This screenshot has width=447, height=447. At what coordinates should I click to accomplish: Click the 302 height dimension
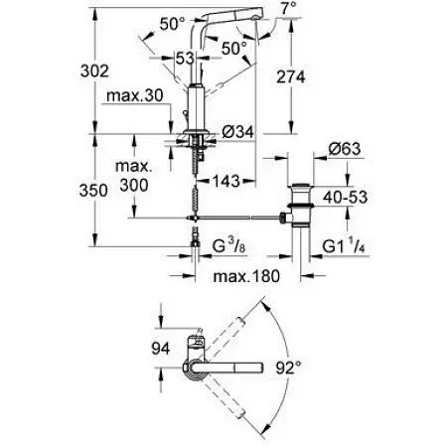coord(94,71)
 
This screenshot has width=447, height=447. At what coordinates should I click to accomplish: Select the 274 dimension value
coord(291,77)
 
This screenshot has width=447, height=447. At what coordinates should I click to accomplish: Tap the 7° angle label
coord(289,7)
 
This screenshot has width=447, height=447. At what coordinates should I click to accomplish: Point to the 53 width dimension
coord(185,59)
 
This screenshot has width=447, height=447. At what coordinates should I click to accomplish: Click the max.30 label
coord(135,95)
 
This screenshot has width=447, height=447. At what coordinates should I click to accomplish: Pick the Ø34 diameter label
coord(238,132)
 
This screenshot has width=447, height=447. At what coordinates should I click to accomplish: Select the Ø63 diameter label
coord(345,149)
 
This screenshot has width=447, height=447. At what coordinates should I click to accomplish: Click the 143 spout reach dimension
coord(225,181)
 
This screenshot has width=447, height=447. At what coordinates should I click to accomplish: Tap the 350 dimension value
coord(93,191)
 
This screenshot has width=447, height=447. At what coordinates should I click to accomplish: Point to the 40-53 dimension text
coord(345,198)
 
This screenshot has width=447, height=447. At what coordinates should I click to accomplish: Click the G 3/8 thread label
coord(228,247)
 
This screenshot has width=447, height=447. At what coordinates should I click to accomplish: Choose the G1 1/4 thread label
coord(344,247)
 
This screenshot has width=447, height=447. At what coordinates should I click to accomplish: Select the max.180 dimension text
coord(246,276)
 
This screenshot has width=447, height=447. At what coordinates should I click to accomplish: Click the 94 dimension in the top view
coord(161,349)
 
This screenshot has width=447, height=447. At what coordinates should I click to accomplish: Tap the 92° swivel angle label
coord(288,368)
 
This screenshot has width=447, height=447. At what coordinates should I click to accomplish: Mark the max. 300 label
coord(134,176)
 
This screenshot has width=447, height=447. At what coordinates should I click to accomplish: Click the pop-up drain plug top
coord(300,185)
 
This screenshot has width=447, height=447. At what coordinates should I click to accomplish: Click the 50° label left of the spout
coord(172,24)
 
